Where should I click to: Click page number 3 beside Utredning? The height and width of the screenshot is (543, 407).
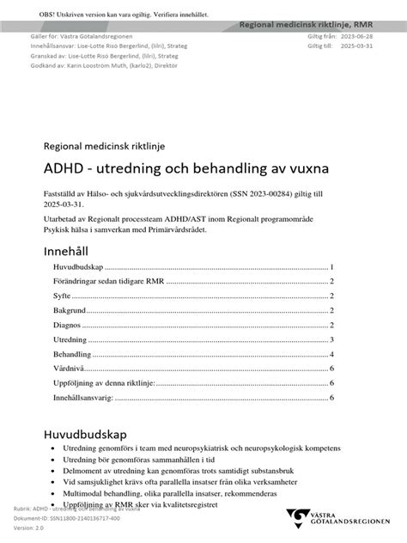coord(331,340)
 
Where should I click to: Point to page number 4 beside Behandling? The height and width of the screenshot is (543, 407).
coord(331,355)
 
